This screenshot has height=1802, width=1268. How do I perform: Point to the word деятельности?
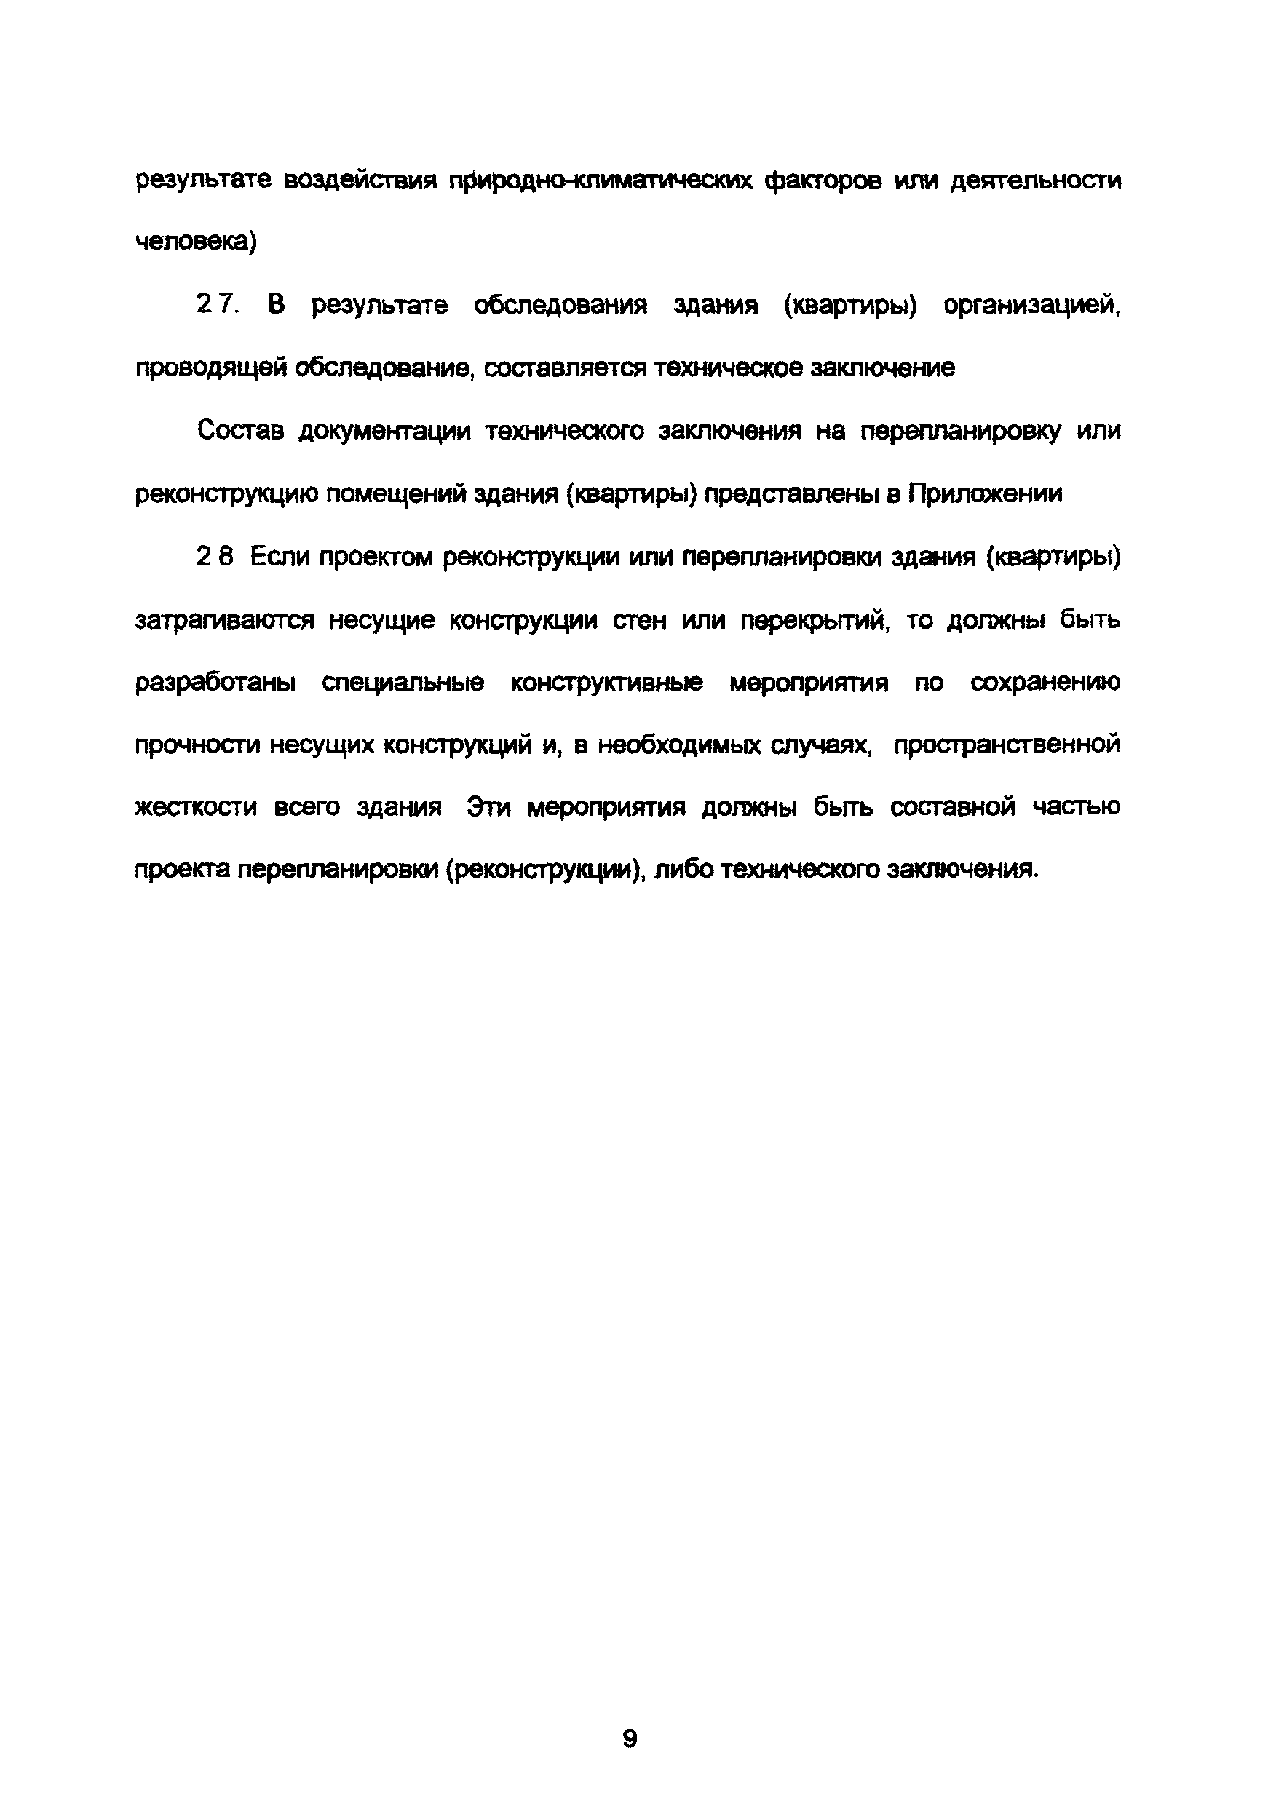pos(1036,182)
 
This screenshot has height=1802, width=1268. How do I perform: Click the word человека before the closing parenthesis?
pos(191,243)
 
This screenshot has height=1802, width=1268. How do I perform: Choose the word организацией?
pos(1031,306)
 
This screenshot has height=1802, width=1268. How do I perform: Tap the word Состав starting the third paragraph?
pos(240,431)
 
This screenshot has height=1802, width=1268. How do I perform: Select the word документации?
pos(385,432)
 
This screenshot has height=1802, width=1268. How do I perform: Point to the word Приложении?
pos(986,494)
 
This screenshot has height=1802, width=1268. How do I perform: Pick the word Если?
pos(278,557)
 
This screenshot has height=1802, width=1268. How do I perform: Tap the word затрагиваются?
pos(224,621)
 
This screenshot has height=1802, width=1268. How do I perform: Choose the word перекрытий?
pos(815,621)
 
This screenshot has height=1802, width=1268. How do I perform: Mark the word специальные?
pos(403,683)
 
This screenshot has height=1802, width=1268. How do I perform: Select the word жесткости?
pos(196,808)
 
